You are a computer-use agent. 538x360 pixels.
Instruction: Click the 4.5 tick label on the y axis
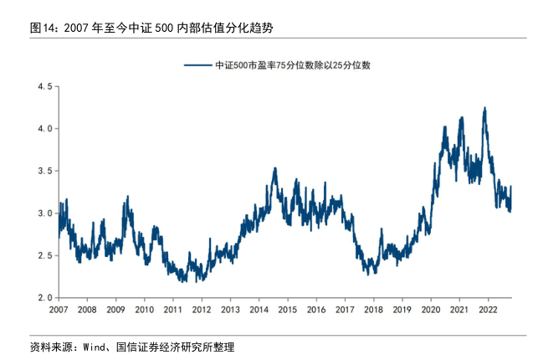44,86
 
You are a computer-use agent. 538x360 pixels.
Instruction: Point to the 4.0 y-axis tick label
44,128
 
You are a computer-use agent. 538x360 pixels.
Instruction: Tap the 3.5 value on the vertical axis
44,171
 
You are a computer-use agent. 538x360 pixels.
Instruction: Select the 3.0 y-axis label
44,213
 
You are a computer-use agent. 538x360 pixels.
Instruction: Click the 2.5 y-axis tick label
44,255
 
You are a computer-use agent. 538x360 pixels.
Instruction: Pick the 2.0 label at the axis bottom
44,297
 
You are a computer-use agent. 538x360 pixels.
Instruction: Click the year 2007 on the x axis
58,310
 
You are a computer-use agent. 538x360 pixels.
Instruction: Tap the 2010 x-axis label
144,310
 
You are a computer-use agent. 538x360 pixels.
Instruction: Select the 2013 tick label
230,310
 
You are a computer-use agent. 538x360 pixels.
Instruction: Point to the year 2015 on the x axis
287,310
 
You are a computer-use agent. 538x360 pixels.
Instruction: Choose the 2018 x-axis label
373,310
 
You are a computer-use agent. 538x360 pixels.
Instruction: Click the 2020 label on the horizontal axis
431,310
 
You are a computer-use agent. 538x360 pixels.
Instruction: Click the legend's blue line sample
197,64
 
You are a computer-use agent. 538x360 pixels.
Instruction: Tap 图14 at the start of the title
41,28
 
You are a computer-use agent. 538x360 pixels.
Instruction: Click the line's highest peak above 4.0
484,108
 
